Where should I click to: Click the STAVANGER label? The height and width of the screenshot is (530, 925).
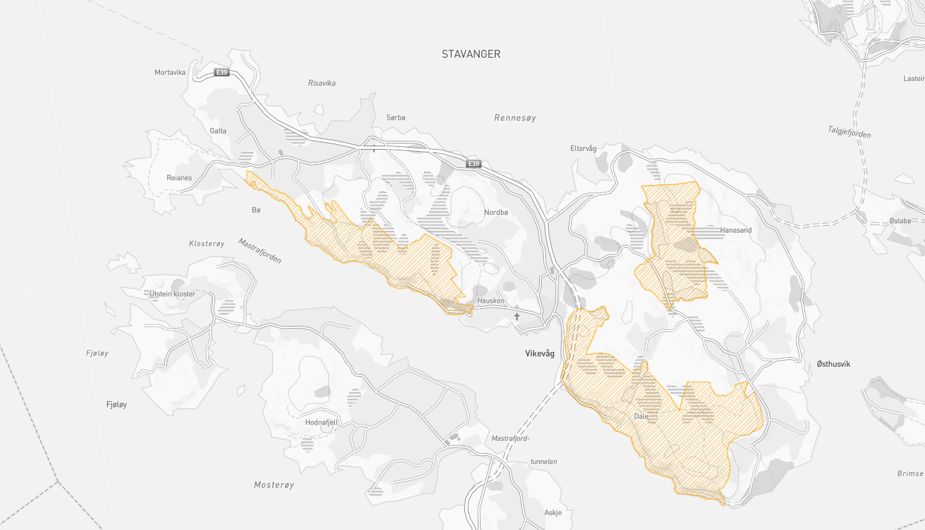click(471, 54)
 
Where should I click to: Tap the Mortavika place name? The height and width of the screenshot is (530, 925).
click(170, 73)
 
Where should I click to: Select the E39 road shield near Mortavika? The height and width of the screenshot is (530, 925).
click(221, 72)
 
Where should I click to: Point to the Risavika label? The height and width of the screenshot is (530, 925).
click(322, 83)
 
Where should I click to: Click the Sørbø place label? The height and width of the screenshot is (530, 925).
click(395, 118)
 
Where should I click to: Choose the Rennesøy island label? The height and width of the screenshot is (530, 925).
click(515, 118)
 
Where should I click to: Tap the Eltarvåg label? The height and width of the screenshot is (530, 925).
click(583, 148)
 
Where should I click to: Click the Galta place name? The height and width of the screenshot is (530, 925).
click(218, 131)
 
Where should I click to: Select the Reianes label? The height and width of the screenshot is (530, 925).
click(180, 178)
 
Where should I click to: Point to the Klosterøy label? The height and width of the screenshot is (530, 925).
click(206, 243)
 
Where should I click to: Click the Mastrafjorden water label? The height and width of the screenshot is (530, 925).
click(259, 250)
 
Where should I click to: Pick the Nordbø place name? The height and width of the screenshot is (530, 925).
click(496, 212)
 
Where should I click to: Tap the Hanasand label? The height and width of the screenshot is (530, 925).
click(736, 230)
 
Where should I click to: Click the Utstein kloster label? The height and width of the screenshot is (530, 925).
click(172, 294)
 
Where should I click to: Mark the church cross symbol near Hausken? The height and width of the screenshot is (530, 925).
click(517, 316)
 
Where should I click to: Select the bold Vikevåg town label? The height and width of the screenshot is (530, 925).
click(540, 354)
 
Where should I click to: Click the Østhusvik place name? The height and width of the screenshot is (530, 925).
click(834, 364)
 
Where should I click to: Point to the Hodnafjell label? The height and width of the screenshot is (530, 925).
click(321, 423)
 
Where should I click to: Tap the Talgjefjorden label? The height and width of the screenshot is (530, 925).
click(849, 131)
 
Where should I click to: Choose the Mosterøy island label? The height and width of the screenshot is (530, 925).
click(274, 485)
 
